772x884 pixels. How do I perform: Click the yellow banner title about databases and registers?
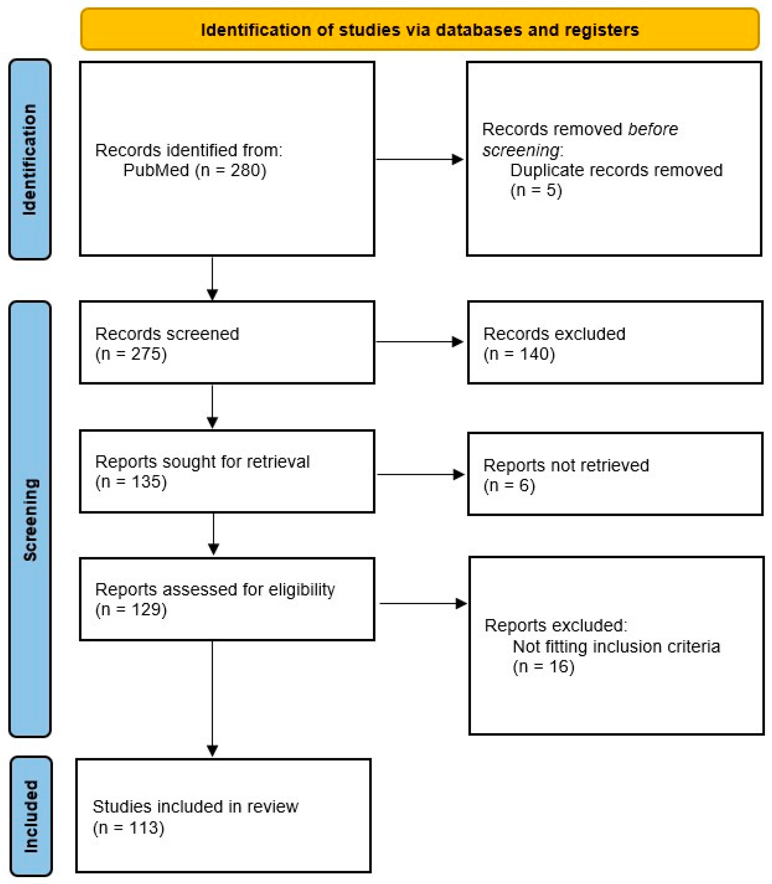(x=420, y=30)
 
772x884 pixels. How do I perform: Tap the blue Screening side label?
(x=30, y=519)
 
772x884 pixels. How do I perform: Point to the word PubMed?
(x=156, y=170)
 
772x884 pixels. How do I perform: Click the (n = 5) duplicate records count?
(x=536, y=190)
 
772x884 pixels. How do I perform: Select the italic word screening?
(x=521, y=150)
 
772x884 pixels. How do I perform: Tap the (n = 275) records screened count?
(x=131, y=354)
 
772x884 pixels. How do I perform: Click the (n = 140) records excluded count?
(x=519, y=354)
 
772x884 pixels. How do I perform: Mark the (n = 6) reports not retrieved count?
(x=509, y=485)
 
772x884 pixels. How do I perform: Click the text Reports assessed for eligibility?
(x=215, y=589)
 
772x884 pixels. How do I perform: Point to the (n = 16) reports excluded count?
(x=543, y=666)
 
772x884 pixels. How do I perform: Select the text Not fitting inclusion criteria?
(x=616, y=647)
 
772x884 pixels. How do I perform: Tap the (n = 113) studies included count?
(x=128, y=828)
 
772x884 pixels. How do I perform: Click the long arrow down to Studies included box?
(x=212, y=698)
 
